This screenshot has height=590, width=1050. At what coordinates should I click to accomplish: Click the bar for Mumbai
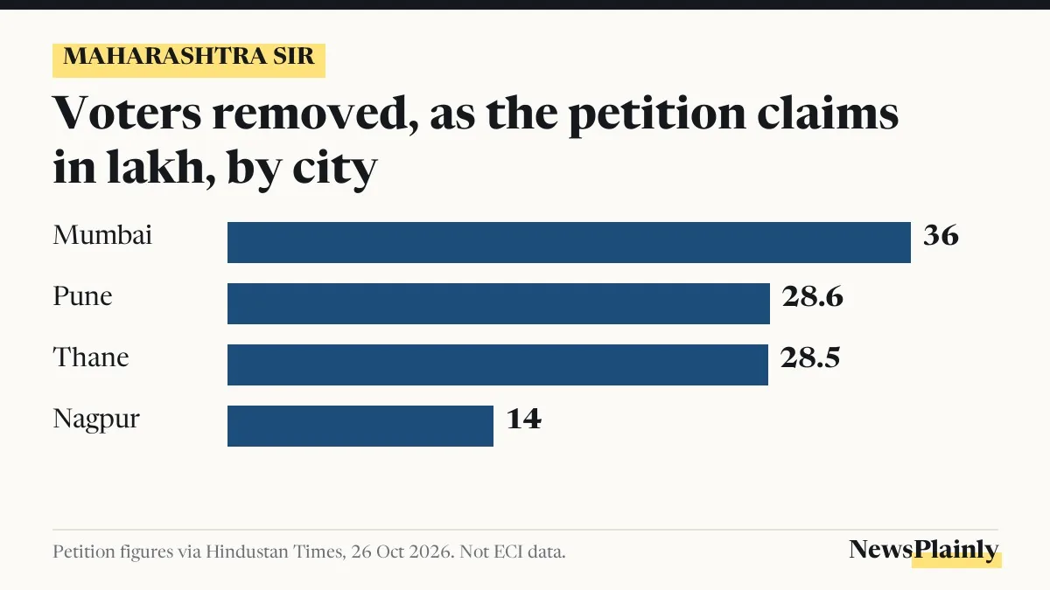(569, 243)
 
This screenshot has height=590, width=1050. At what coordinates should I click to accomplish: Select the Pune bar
(499, 303)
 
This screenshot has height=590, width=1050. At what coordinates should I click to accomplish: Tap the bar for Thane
(498, 364)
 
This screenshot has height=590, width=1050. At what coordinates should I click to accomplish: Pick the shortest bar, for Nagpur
(360, 427)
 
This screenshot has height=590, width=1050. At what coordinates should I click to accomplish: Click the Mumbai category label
(102, 234)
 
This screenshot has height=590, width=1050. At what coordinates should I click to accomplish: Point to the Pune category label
(82, 296)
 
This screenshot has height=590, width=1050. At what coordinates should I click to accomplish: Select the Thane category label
(91, 357)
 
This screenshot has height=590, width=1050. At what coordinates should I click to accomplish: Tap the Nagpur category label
(96, 420)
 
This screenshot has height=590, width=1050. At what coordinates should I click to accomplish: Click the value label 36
(941, 235)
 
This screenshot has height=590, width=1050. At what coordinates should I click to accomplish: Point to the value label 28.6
(812, 296)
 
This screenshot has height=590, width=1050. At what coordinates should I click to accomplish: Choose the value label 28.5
(810, 357)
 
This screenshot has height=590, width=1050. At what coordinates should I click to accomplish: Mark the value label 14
(524, 419)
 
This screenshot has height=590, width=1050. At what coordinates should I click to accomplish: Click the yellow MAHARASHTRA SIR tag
(189, 60)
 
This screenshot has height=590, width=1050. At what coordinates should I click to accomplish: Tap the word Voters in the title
(127, 113)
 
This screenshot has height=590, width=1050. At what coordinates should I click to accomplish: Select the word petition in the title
(657, 115)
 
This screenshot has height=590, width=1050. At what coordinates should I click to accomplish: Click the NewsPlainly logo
(924, 552)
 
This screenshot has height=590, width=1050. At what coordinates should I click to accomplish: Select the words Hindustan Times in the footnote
(276, 552)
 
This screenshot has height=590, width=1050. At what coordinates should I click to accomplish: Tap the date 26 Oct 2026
(402, 552)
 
